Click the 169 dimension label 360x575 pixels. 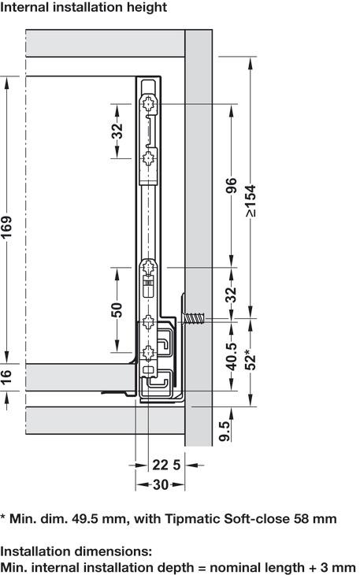coord(6,228)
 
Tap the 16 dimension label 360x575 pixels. coord(6,377)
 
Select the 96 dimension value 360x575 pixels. coord(232,186)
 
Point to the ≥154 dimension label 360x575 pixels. coord(251,201)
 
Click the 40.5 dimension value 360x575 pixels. coord(232,357)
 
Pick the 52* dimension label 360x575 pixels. coord(251,360)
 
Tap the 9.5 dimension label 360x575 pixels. coord(225,432)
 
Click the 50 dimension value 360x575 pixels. coord(117,310)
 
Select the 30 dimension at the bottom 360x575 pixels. coord(161,484)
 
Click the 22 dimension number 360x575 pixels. coord(161,466)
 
